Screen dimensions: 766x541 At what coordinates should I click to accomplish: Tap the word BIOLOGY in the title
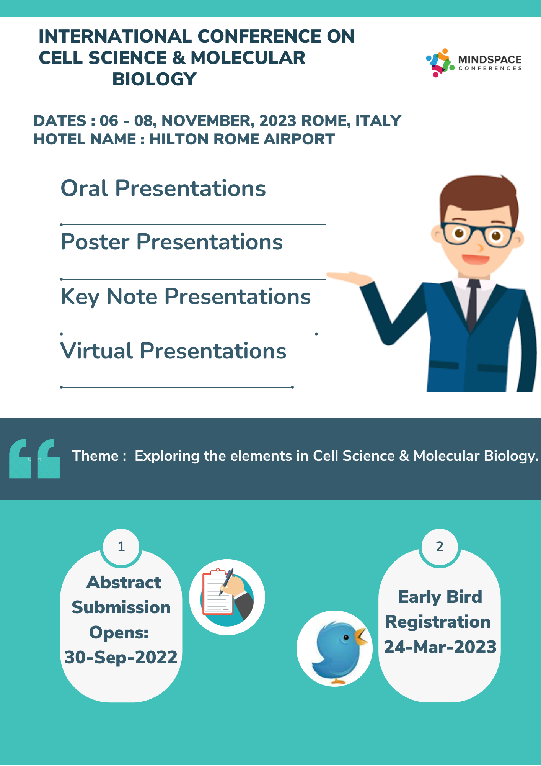point(154,79)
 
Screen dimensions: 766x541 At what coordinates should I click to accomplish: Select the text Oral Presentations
point(163,188)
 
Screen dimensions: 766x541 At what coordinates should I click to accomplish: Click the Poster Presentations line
point(171,242)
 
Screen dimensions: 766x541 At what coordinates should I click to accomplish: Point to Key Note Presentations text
point(186,297)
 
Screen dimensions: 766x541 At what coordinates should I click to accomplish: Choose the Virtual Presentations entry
point(173,351)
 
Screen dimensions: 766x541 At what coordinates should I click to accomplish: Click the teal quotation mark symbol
point(34,458)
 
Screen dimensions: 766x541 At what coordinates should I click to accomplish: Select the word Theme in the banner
point(95,456)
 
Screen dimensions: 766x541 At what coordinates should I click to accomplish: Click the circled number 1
point(121,547)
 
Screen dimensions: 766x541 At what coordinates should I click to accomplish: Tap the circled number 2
point(440,547)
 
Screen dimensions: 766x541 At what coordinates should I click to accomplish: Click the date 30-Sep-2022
point(121,657)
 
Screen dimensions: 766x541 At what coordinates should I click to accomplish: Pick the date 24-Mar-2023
point(440,647)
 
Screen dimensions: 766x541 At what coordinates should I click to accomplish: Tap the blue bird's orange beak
point(360,636)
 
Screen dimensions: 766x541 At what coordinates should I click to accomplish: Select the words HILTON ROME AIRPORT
point(242,139)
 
